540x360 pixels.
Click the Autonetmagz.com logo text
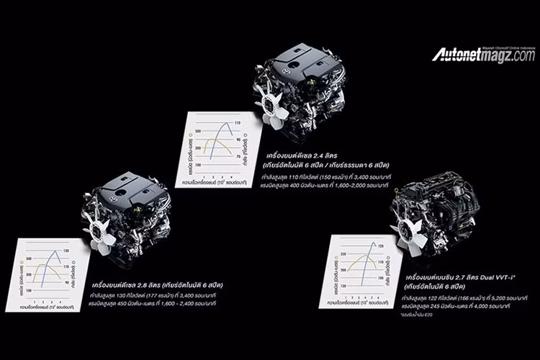pos(483,55)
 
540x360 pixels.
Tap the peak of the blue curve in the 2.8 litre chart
pos(55,251)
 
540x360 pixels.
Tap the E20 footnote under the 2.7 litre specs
pos(430,315)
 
